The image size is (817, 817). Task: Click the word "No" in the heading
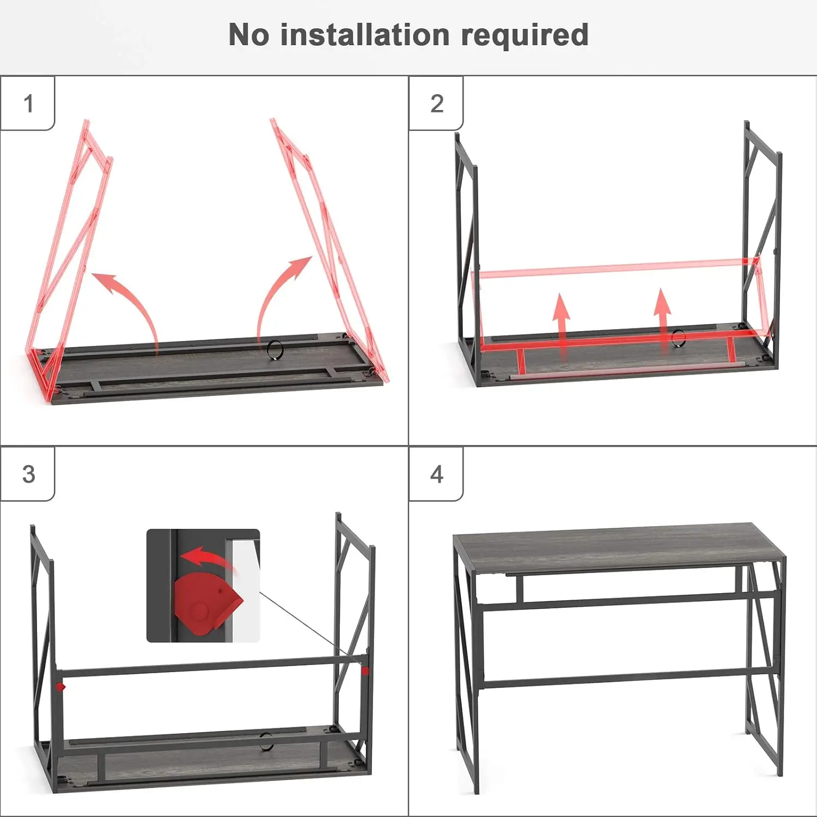249,35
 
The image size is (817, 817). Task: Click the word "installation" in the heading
365,35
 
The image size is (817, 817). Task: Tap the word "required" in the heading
525,36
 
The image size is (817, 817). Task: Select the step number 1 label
29,103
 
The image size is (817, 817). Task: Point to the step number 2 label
437,103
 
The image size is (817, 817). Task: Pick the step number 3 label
29,474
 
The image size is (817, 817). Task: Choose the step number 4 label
437,474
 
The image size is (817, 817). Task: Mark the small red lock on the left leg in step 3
60,687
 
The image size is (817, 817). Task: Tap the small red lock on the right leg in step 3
365,671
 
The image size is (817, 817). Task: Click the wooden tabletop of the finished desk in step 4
619,547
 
